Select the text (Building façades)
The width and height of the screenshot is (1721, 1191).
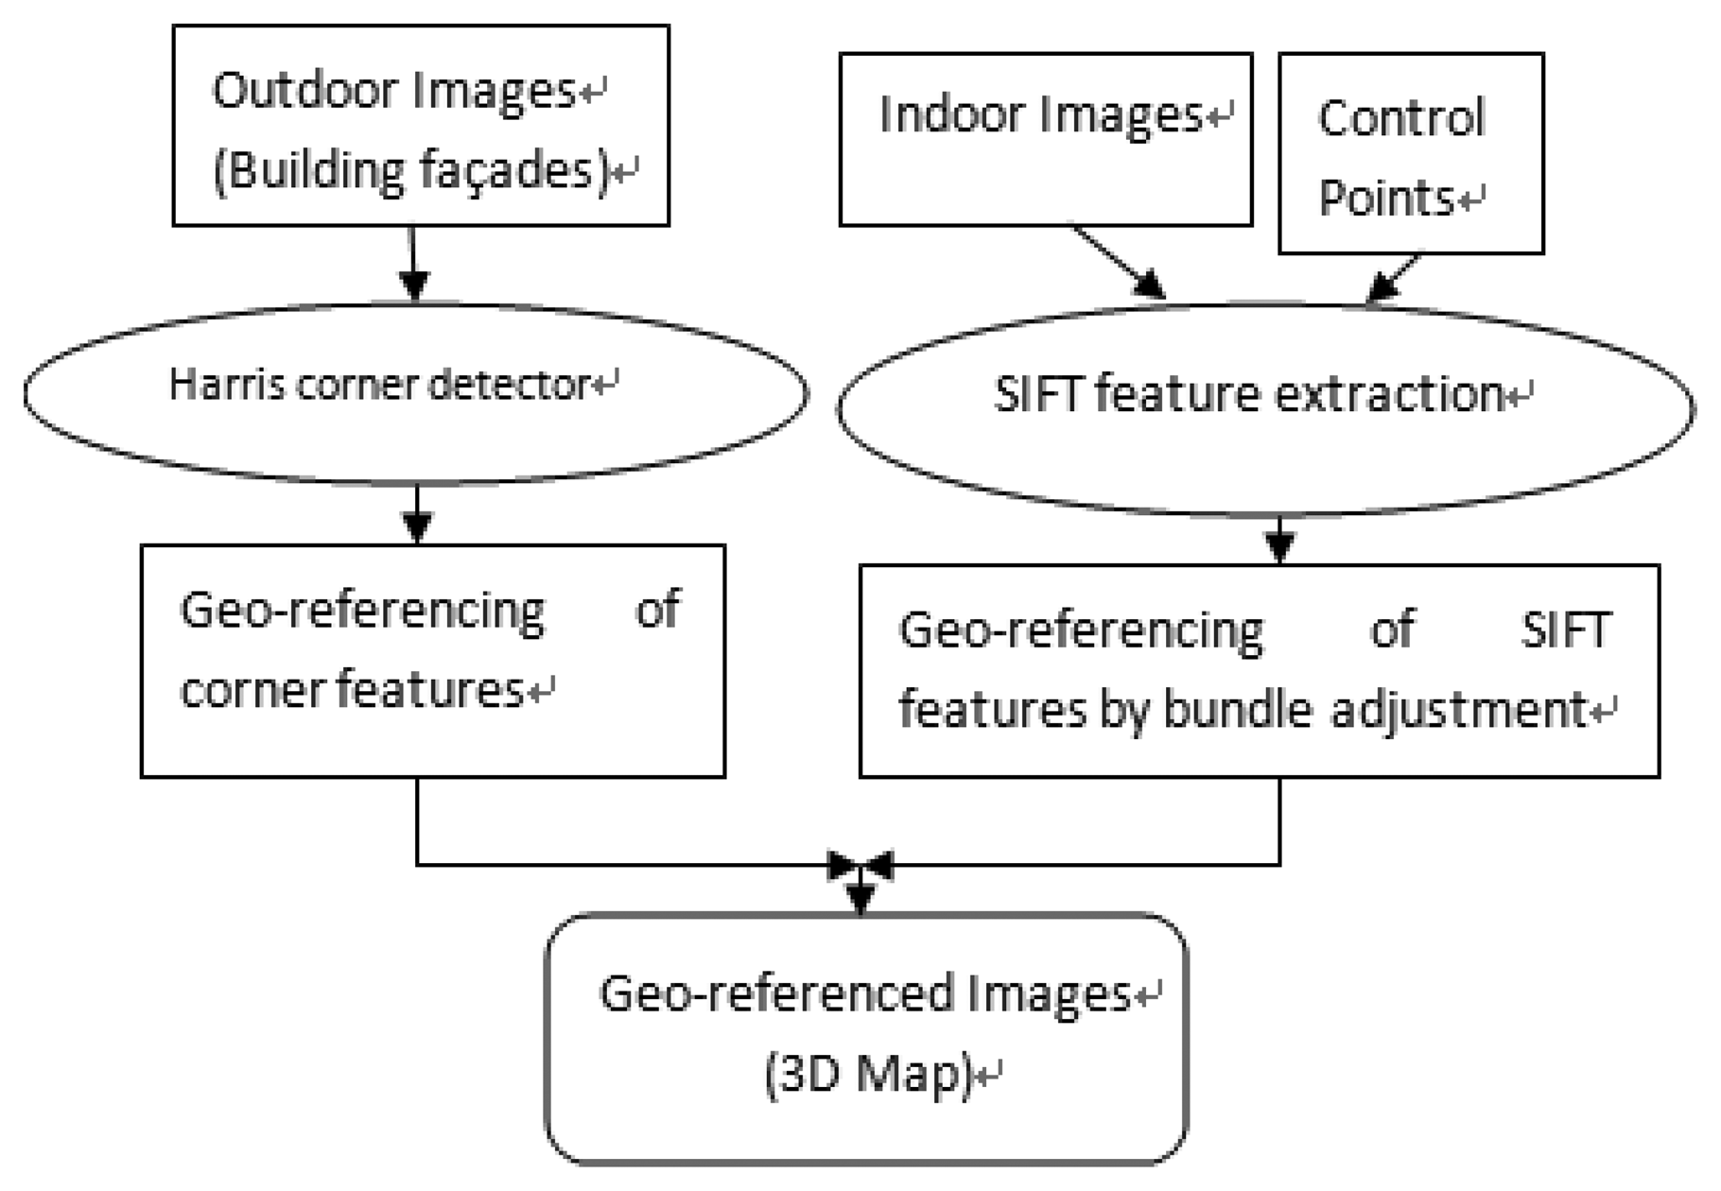pos(411,171)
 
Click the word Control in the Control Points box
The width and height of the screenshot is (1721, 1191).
pos(1401,119)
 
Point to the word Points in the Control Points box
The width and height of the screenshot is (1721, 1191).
pos(1385,198)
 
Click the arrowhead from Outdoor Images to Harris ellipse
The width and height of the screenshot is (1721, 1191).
pos(413,284)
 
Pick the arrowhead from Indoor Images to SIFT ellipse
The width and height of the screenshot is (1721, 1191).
pos(1150,285)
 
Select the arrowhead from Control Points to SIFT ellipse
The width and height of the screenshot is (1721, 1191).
pos(1382,286)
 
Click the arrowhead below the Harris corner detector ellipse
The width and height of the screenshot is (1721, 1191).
pos(417,526)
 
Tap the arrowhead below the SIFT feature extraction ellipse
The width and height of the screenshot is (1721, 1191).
pos(1279,546)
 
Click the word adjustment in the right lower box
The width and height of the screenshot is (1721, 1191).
pos(1457,710)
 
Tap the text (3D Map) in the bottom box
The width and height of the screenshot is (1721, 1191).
pos(868,1075)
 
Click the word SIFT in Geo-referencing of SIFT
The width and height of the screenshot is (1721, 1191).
pos(1564,630)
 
